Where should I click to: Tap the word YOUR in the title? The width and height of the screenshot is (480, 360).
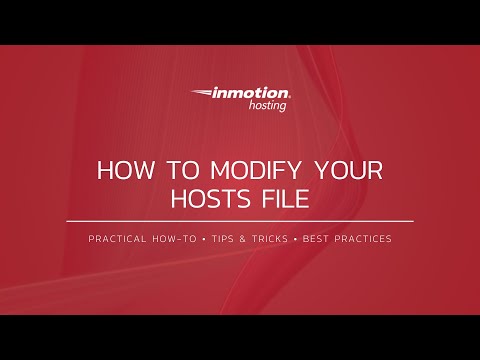click(347, 169)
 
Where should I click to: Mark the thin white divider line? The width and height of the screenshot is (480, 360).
click(240, 220)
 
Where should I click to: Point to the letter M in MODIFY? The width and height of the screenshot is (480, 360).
click(211, 169)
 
